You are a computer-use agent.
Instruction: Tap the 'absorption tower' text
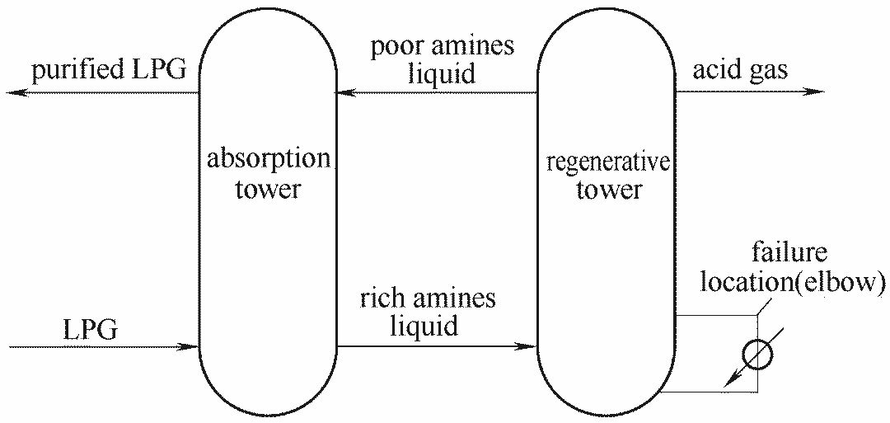click(x=268, y=174)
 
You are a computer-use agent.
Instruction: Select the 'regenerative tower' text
click(x=609, y=176)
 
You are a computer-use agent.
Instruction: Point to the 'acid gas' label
click(x=739, y=70)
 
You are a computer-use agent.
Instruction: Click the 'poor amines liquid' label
click(x=443, y=59)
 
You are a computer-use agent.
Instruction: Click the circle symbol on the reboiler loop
click(x=757, y=355)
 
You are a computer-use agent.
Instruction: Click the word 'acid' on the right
click(x=714, y=70)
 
